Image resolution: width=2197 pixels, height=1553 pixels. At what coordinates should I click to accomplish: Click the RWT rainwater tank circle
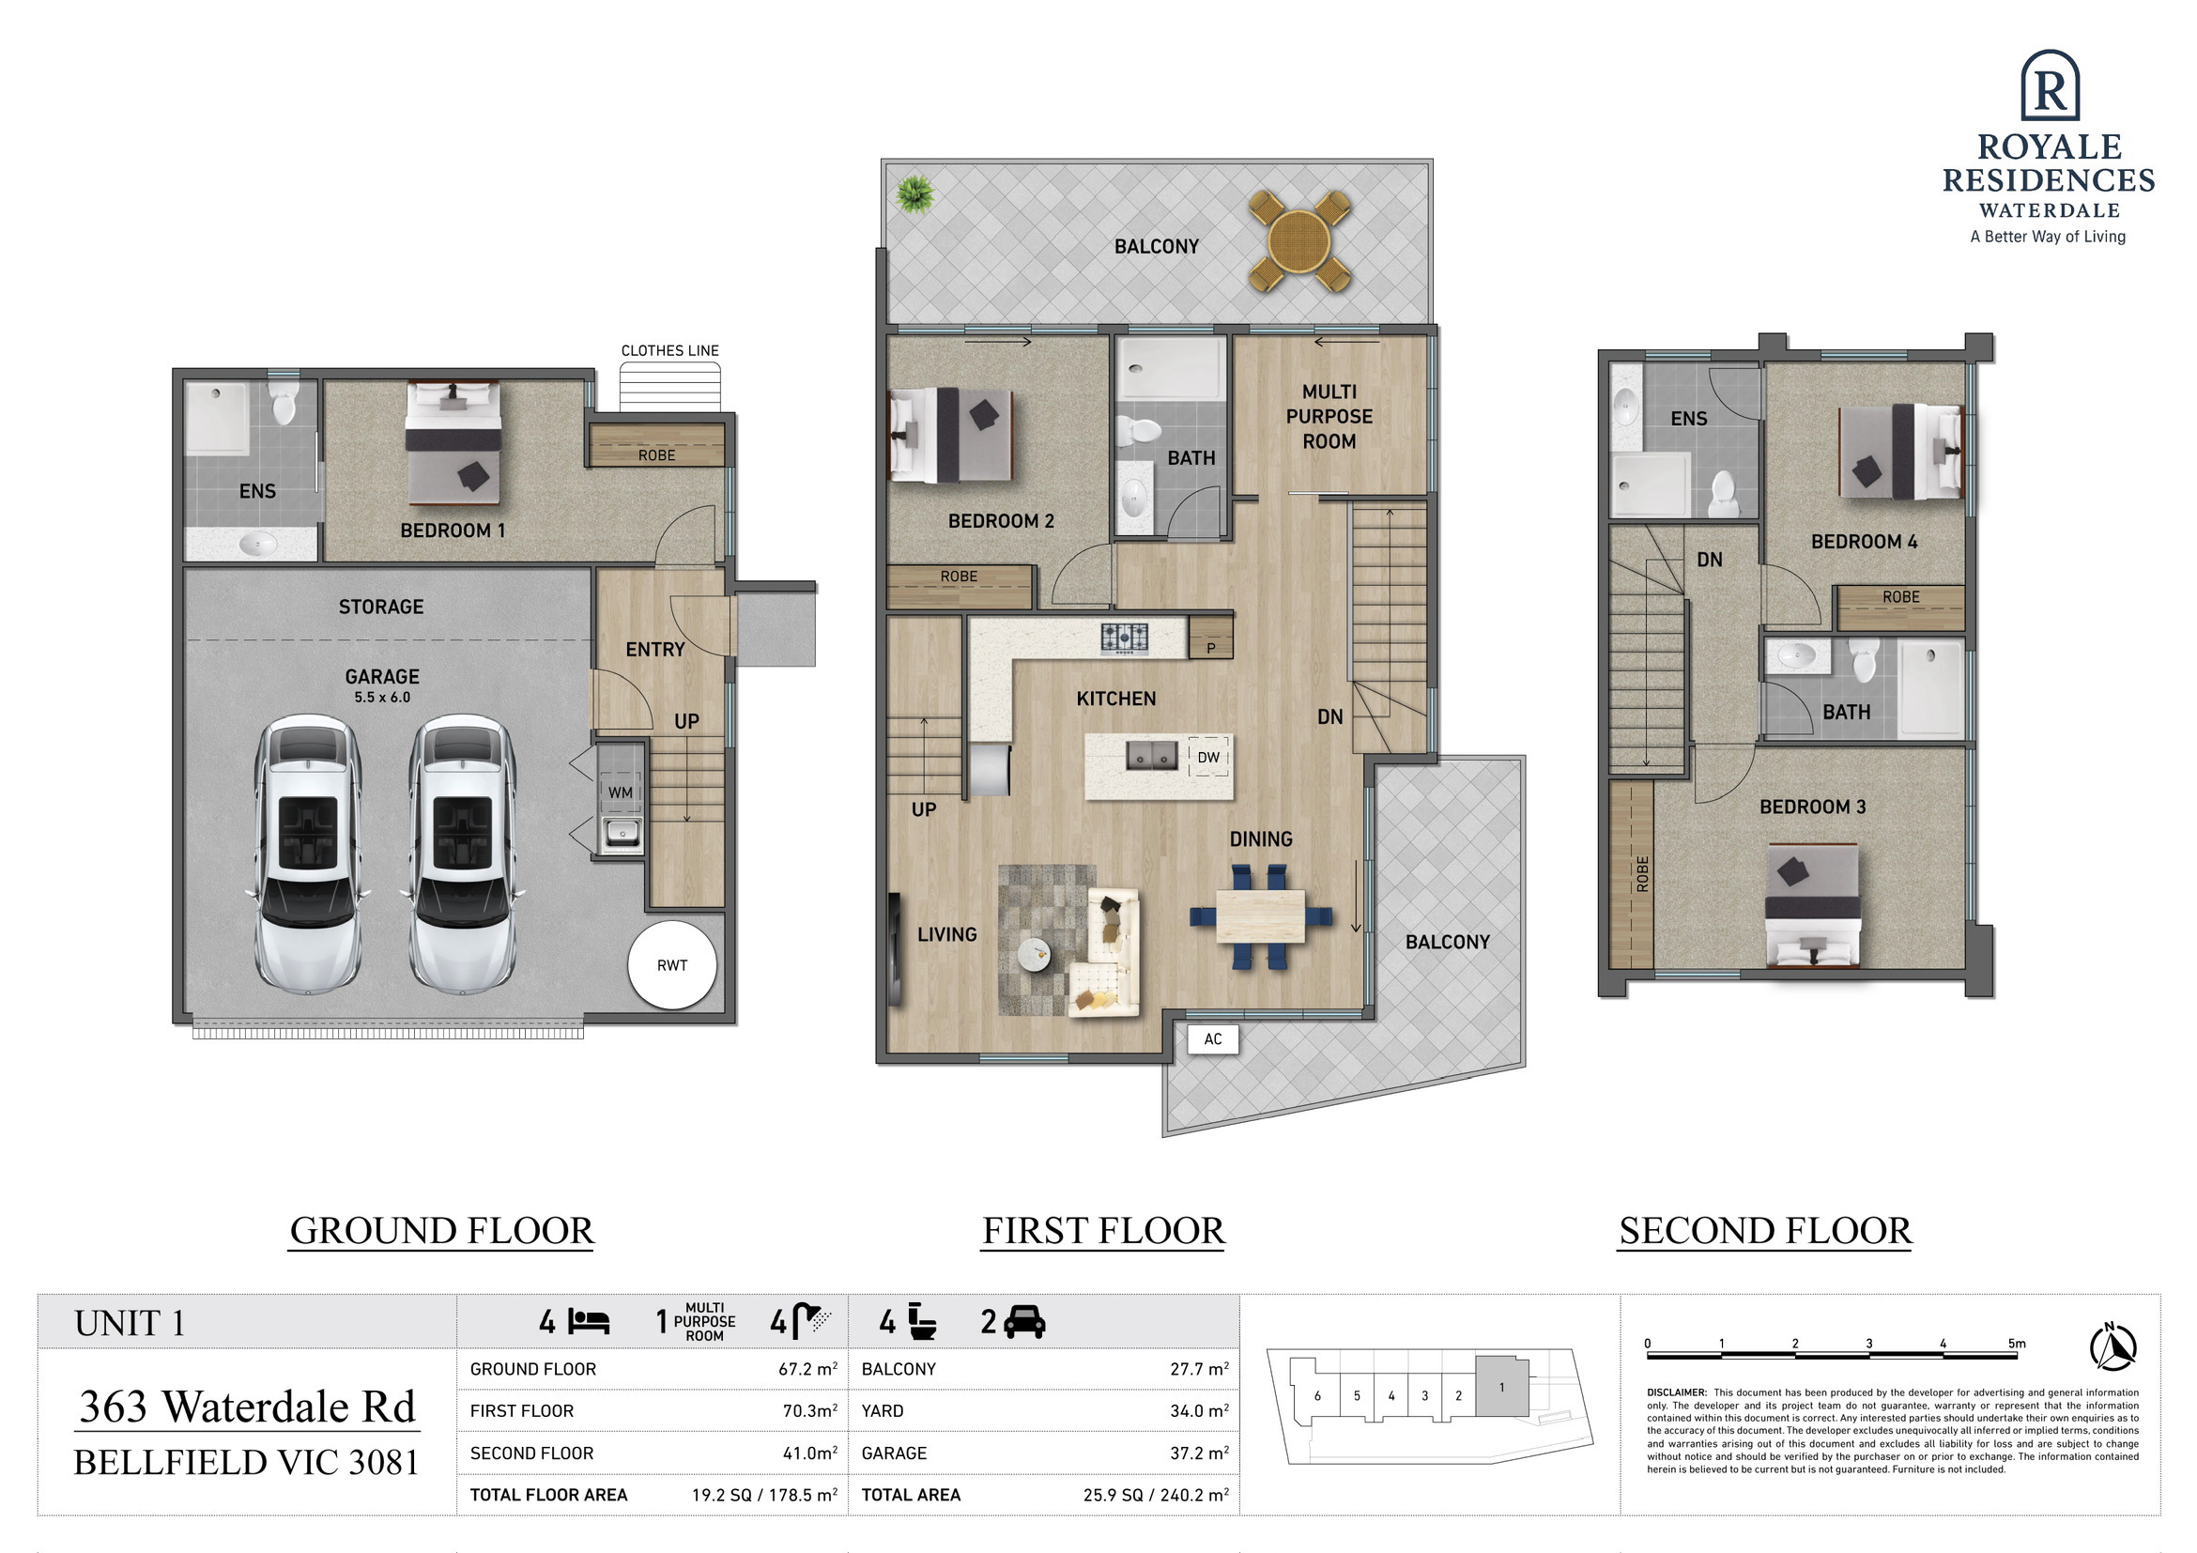671,964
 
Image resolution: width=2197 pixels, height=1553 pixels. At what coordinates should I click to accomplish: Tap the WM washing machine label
620,792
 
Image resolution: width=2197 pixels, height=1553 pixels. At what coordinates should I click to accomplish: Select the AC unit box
1212,1039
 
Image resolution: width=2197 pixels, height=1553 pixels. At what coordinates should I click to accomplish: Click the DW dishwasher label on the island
1208,757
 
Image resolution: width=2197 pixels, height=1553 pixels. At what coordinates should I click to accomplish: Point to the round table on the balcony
1298,241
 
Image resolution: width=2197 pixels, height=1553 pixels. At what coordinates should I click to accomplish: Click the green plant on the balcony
914,194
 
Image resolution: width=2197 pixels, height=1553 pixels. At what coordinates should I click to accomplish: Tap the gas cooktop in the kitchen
1125,638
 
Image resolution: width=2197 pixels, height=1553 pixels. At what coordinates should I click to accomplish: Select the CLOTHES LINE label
669,350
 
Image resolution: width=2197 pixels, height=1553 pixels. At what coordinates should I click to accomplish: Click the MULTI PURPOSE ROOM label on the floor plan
1329,416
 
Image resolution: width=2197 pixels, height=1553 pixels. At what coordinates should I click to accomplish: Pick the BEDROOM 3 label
1812,807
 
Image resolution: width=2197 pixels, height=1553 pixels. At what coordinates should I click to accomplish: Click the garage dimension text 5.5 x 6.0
382,698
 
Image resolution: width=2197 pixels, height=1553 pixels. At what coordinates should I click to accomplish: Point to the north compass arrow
2112,1345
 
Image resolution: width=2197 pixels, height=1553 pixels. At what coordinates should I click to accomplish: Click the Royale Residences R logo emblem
2050,85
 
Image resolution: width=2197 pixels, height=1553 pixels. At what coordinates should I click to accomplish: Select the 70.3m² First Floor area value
809,1410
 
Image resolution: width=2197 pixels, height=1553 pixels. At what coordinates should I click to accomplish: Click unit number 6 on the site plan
1317,1396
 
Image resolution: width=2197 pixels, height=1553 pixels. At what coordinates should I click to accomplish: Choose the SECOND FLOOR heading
1765,1231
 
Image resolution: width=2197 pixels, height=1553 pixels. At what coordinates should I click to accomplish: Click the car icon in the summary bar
1024,1321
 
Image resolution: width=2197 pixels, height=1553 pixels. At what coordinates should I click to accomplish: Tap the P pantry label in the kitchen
1210,648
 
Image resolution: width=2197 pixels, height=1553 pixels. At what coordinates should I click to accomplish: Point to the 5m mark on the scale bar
2017,1344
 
